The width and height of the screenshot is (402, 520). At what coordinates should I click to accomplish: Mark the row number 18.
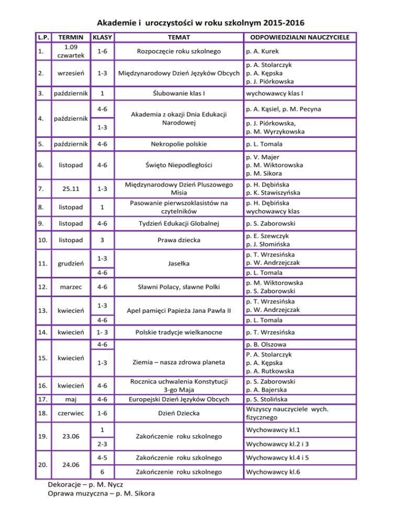pyautogui.click(x=48, y=414)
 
